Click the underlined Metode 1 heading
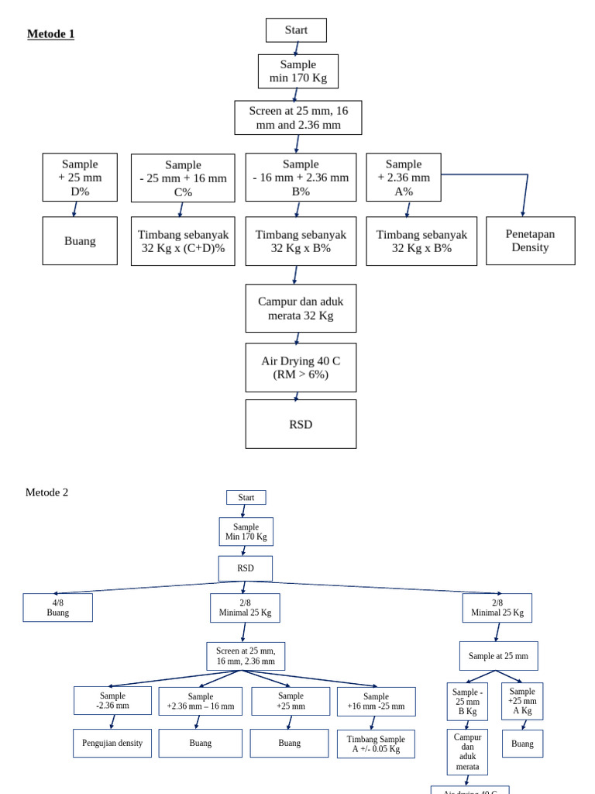[x=50, y=34]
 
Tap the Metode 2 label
[x=46, y=492]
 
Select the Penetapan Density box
[x=530, y=240]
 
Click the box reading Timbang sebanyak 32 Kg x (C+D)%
[x=183, y=241]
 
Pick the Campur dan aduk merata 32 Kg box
[x=301, y=308]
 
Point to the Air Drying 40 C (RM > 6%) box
[x=301, y=368]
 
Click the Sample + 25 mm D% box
[x=80, y=177]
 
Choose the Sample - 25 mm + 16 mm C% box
[x=183, y=178]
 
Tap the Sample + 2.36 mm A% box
[x=403, y=177]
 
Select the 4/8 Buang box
[x=57, y=607]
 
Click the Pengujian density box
[x=112, y=743]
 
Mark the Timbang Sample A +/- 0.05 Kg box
[x=376, y=744]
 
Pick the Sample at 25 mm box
[x=498, y=656]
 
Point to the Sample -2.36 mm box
[x=112, y=700]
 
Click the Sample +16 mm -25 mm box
[x=376, y=701]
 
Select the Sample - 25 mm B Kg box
[x=467, y=702]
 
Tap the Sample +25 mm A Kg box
[x=522, y=701]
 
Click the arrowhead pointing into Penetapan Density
[x=523, y=213]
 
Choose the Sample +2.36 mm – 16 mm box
[x=200, y=701]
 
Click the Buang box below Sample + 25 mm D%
[x=80, y=240]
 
